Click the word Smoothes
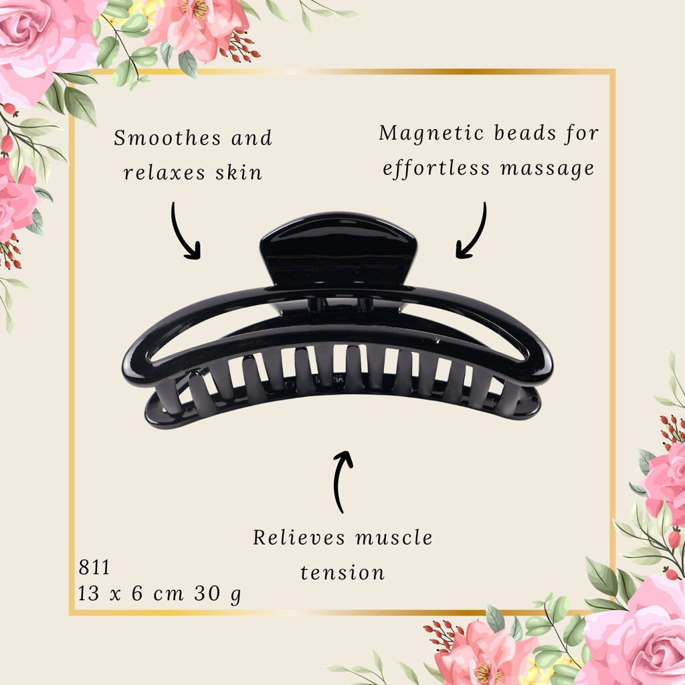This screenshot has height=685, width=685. (167, 138)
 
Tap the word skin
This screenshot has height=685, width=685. (239, 173)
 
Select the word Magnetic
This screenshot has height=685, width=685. (431, 133)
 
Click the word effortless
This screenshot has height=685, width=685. (436, 169)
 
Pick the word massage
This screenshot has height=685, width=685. (547, 169)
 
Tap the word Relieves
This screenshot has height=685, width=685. (299, 538)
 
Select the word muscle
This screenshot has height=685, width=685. (394, 538)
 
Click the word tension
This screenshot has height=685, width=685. (342, 573)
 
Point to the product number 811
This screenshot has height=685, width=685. (94, 567)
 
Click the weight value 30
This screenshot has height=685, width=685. (207, 593)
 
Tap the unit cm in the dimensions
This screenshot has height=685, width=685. (168, 595)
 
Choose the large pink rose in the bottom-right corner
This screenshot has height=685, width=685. (638, 633)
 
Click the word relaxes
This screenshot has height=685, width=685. (165, 173)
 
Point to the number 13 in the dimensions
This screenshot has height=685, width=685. (89, 593)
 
